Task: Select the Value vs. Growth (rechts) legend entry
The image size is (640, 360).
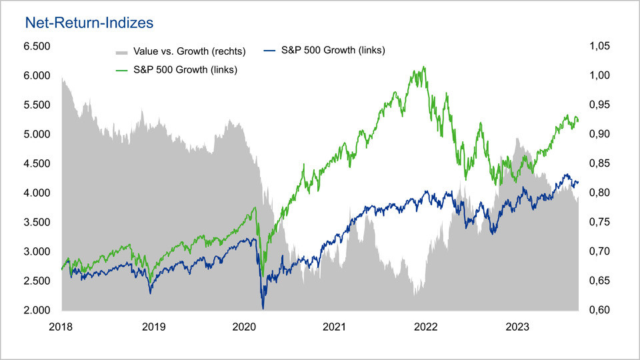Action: (x=189, y=51)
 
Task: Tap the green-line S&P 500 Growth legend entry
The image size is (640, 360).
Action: (x=186, y=69)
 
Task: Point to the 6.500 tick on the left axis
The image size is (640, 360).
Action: (x=37, y=46)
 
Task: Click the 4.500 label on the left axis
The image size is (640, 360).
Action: (x=37, y=163)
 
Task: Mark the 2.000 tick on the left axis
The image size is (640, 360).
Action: (x=37, y=310)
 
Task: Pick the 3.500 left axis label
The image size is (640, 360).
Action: (x=37, y=222)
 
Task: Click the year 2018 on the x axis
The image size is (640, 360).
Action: (x=62, y=327)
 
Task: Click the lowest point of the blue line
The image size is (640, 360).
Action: (x=263, y=309)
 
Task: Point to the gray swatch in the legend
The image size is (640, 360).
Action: (x=121, y=51)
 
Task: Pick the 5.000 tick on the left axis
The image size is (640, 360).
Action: (x=37, y=134)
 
